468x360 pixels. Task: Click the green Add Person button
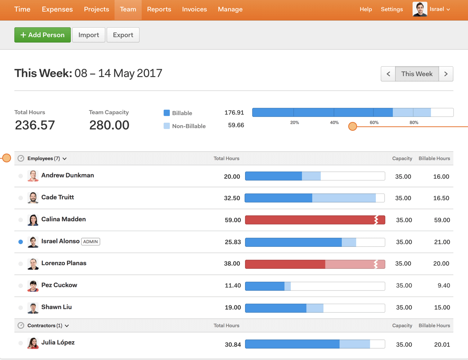click(x=43, y=35)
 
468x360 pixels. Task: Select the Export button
click(x=123, y=35)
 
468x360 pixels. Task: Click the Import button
click(x=89, y=35)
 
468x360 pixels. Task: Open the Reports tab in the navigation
click(x=159, y=10)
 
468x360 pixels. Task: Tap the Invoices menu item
click(x=194, y=10)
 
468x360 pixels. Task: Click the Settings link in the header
click(x=392, y=10)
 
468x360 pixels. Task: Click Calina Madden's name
click(x=64, y=219)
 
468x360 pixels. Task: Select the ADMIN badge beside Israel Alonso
click(x=90, y=242)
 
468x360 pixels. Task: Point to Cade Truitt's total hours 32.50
click(x=232, y=198)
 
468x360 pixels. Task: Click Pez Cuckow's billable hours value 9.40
click(x=444, y=286)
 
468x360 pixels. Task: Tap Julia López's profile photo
click(x=33, y=343)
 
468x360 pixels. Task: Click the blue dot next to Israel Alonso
click(x=21, y=242)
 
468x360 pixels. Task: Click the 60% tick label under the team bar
click(x=374, y=123)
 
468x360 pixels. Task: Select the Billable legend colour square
click(x=167, y=113)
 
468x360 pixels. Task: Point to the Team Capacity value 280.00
click(x=109, y=125)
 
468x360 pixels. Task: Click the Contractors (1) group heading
click(x=45, y=326)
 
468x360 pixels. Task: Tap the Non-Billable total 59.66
click(x=236, y=125)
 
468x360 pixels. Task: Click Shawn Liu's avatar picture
click(x=33, y=308)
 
